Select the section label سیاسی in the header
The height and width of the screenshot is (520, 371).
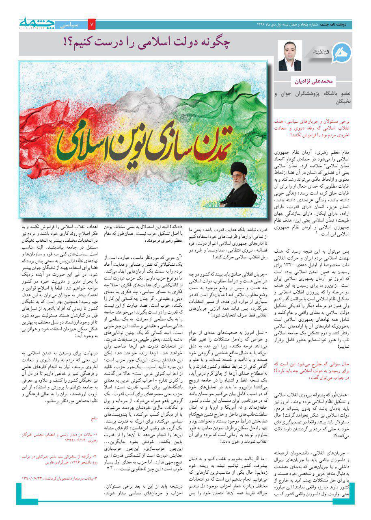coord(71,25)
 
